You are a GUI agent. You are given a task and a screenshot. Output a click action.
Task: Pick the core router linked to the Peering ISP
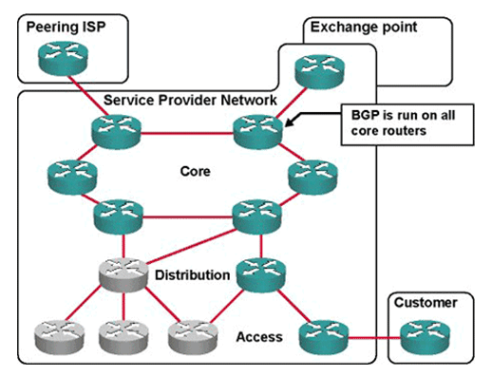click(116, 128)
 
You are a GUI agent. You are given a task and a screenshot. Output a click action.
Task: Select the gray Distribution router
click(123, 276)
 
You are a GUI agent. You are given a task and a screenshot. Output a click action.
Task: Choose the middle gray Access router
click(123, 333)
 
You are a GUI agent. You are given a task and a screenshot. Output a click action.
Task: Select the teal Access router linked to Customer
click(323, 333)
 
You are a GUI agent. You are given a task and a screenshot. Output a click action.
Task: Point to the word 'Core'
click(195, 172)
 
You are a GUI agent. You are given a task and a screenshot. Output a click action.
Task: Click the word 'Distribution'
click(193, 275)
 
